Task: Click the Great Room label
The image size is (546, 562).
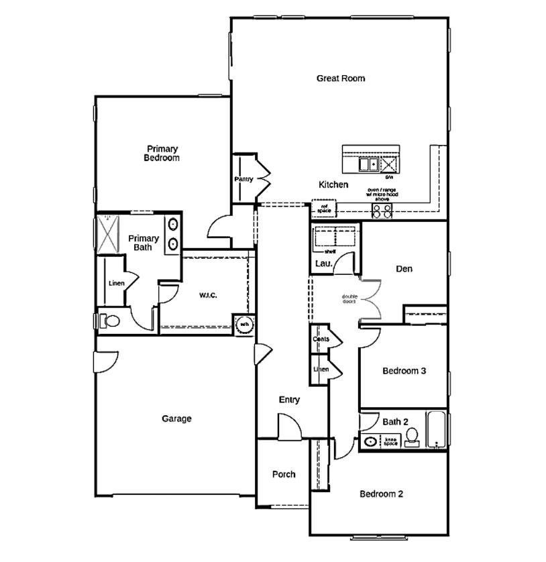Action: coord(341,78)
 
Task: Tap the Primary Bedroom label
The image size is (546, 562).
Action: coord(162,154)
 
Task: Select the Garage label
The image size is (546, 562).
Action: coord(176,418)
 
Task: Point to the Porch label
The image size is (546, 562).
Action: coord(284,474)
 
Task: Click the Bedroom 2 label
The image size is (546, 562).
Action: coord(381,494)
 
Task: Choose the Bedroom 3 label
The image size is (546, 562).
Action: coord(404,371)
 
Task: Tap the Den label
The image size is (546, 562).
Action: coord(404,269)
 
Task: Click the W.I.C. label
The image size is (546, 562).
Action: coord(207,295)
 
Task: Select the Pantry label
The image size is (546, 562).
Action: coord(243,180)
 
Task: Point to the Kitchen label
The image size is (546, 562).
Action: coord(333,184)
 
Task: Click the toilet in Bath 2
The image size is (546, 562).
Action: coord(413,437)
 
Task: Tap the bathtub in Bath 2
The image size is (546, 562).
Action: coord(436,429)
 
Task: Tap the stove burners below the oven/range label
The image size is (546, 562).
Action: coord(382,211)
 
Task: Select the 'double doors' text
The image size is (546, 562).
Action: coord(349,298)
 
